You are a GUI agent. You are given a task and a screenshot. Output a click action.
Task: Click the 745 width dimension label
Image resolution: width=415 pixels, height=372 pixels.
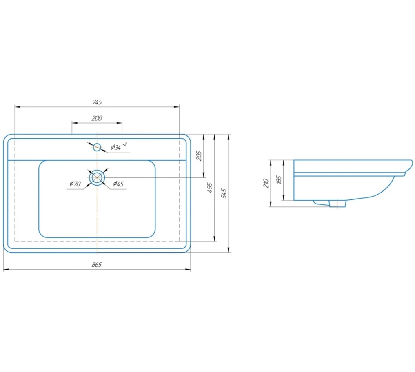pos(97,102)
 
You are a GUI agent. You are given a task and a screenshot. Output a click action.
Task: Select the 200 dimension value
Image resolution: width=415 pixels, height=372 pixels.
pos(97,118)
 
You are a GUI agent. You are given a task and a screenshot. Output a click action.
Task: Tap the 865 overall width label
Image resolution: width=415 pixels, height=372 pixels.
pos(97,265)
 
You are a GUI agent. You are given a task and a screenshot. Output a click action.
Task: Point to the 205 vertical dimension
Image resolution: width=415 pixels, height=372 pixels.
pos(199,156)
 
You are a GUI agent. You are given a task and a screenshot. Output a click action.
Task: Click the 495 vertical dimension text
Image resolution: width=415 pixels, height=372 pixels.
pos(210,188)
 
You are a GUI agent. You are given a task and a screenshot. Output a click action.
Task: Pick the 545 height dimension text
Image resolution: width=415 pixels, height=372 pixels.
pos(224,193)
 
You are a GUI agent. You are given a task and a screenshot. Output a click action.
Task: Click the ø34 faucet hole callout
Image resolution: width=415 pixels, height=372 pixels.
pos(118,146)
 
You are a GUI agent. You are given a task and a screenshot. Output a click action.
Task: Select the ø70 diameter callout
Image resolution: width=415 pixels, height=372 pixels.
pos(75,184)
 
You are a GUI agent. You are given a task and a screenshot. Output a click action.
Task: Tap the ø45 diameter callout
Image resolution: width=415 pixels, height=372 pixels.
pos(118,184)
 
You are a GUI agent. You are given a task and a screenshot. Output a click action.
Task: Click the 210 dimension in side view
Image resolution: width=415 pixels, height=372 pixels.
pos(266,184)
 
